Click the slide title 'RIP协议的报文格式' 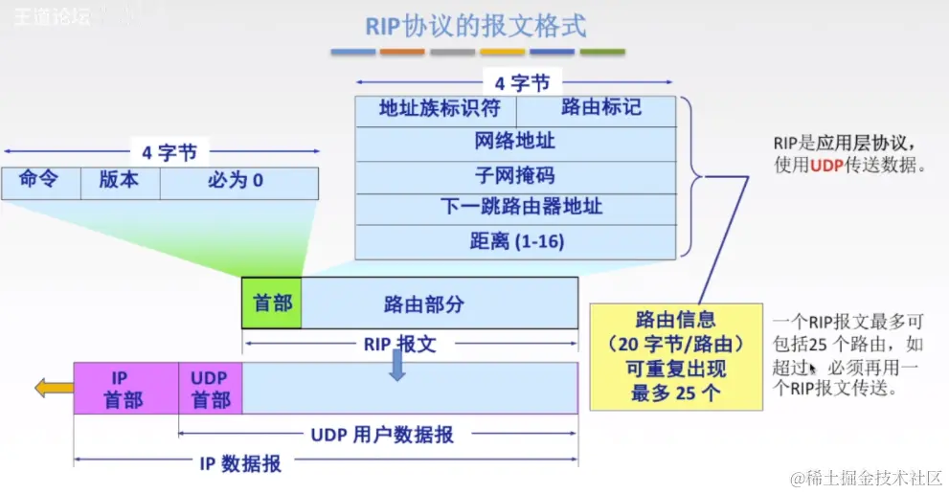click(475, 26)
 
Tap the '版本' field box click(120, 183)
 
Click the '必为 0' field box click(237, 183)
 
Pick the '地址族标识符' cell click(437, 110)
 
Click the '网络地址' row click(515, 144)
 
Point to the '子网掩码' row click(515, 177)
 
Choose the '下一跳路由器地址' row click(515, 209)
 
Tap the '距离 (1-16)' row click(515, 242)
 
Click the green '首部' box click(272, 303)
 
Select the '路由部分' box click(439, 303)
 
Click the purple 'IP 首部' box click(126, 388)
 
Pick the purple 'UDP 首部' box click(210, 388)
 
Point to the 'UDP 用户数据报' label click(381, 435)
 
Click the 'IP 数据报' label click(240, 463)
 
